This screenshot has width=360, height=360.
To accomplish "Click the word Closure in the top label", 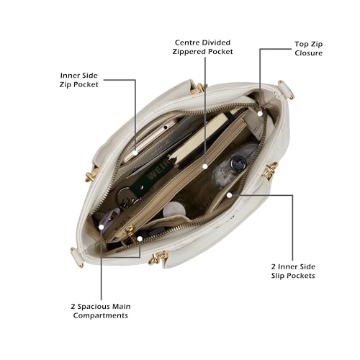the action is pyautogui.click(x=308, y=53).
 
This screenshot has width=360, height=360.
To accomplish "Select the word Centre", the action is pyautogui.click(x=187, y=42).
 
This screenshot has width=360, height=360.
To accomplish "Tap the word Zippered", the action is pyautogui.click(x=189, y=52).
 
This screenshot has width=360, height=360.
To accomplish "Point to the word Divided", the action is pyautogui.click(x=216, y=42).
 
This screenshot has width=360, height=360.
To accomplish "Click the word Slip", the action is pyautogui.click(x=277, y=276).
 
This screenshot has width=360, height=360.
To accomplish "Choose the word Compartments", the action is pyautogui.click(x=100, y=315).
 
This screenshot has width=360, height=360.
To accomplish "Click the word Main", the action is pyautogui.click(x=122, y=307).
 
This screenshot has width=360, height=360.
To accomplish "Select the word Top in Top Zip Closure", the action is pyautogui.click(x=301, y=45).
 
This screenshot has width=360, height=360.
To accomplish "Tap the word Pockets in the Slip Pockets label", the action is pyautogui.click(x=300, y=276).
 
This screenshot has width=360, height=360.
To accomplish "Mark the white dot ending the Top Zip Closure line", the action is pyautogui.click(x=260, y=113).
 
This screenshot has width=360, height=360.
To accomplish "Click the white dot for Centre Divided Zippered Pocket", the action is pyautogui.click(x=205, y=166).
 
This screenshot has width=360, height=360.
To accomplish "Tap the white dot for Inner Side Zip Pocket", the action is pyautogui.click(x=135, y=153).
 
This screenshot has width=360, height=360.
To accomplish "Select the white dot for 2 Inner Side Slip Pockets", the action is pyautogui.click(x=230, y=195).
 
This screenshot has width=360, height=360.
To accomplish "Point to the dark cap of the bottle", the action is pyautogui.click(x=238, y=163).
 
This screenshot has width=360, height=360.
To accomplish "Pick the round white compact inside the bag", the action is pyautogui.click(x=174, y=209).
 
